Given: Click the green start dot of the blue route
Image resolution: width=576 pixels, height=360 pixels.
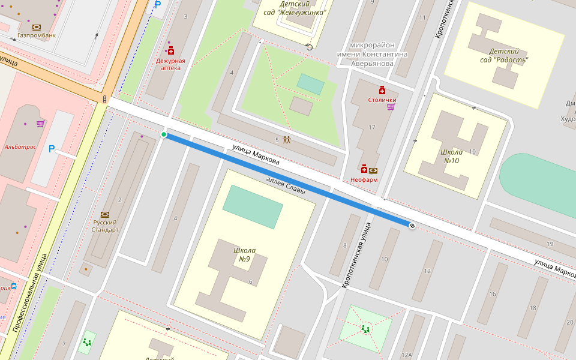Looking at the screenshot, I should click(164, 134).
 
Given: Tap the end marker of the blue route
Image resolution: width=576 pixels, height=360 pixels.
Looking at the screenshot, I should click(412, 226).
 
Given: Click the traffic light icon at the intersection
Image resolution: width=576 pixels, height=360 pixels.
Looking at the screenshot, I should click(105, 99).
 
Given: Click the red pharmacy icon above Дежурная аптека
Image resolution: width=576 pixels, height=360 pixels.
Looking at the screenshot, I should click(171, 51).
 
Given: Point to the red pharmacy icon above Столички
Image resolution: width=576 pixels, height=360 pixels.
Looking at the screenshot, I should click(382, 90).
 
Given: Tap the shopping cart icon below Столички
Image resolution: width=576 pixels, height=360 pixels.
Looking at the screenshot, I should click(391, 107).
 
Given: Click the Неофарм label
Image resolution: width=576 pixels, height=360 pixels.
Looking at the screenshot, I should click(364, 179).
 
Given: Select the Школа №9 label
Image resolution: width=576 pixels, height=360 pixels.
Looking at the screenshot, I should click(244, 254).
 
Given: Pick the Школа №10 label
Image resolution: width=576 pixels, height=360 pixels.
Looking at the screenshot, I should click(451, 156).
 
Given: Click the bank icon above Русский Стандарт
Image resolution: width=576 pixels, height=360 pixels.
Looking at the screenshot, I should click(105, 214).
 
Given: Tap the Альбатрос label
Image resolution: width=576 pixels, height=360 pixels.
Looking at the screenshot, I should click(20, 146).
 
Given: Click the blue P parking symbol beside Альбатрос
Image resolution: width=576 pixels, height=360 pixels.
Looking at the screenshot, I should click(52, 148).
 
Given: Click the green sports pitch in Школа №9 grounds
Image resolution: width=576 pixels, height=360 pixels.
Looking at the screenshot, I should click(253, 207).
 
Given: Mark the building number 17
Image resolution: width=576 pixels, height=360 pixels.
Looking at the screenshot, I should click(372, 127).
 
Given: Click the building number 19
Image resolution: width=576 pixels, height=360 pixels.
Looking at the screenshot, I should click(550, 243).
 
